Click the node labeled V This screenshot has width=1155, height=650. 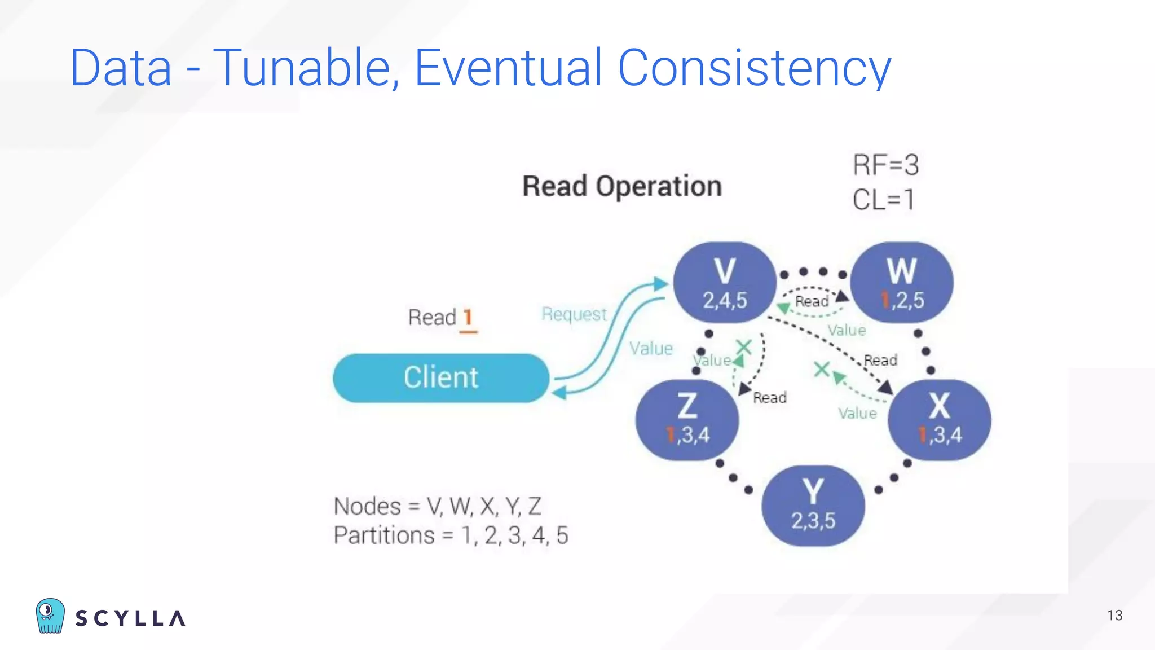pyautogui.click(x=725, y=283)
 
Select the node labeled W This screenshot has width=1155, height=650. pyautogui.click(x=902, y=283)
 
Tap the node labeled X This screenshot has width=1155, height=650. pyautogui.click(x=939, y=420)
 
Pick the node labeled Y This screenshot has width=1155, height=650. pyautogui.click(x=813, y=506)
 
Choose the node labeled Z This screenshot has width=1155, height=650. pyautogui.click(x=687, y=420)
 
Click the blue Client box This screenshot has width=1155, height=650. pyautogui.click(x=440, y=377)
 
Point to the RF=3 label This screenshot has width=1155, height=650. pyautogui.click(x=885, y=165)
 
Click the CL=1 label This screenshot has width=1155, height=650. pyautogui.click(x=883, y=200)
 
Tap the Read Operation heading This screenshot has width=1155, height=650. pyautogui.click(x=621, y=186)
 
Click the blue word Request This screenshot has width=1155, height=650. pyautogui.click(x=574, y=314)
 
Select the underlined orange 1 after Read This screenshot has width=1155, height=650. pyautogui.click(x=468, y=318)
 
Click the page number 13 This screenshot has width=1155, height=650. pyautogui.click(x=1114, y=616)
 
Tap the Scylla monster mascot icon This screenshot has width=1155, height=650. pyautogui.click(x=50, y=616)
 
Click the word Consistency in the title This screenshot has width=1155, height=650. pyautogui.click(x=754, y=68)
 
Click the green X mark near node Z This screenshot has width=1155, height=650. pyautogui.click(x=744, y=347)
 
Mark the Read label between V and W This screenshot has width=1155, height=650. pyautogui.click(x=811, y=302)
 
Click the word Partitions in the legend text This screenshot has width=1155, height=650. pyautogui.click(x=383, y=535)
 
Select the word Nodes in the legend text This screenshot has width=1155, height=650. pyautogui.click(x=367, y=506)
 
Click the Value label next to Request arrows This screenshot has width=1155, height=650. pyautogui.click(x=651, y=349)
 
